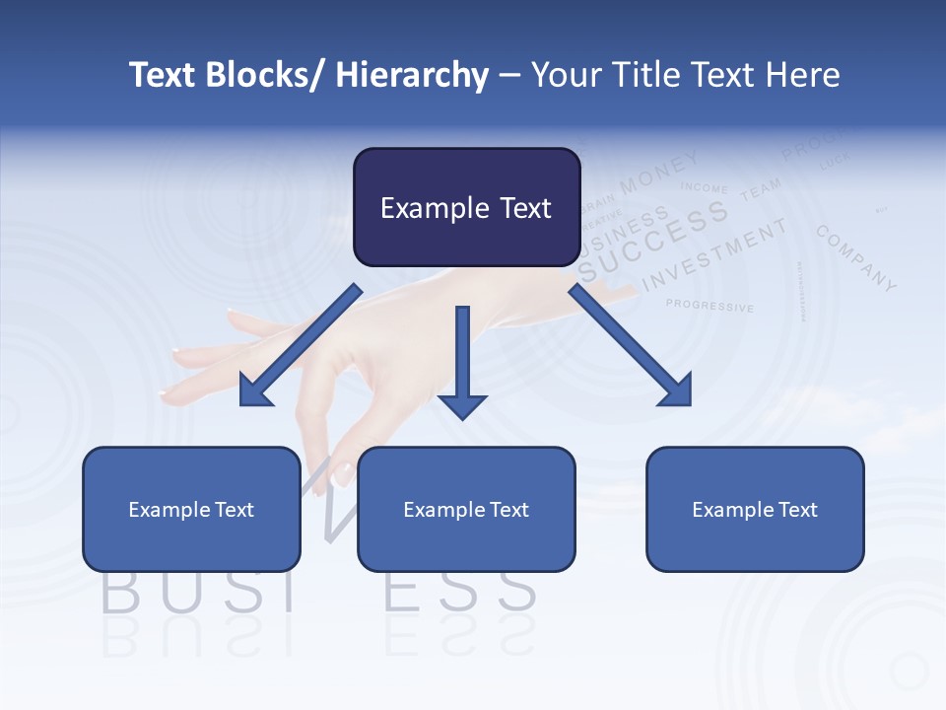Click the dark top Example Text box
coord(466,207)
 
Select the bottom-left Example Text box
coord(191,509)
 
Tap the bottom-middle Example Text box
coord(466,509)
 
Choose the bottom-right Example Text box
coord(755,509)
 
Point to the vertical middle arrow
coord(462,361)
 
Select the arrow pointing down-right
coord(631,346)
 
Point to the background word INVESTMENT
coord(715,254)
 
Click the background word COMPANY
coord(856,258)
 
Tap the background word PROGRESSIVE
coord(709,306)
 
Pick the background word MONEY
coord(659,172)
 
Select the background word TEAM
coord(761,189)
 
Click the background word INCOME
coord(704,187)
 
